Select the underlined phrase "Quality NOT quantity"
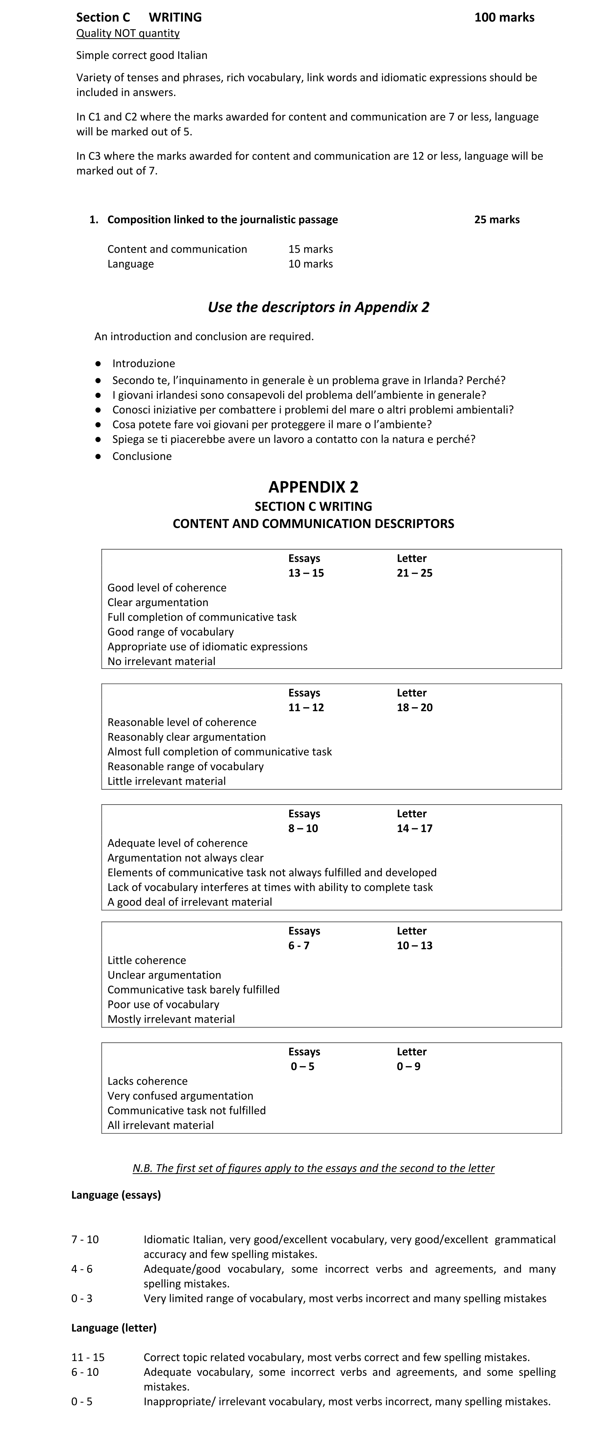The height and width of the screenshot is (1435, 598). pyautogui.click(x=128, y=34)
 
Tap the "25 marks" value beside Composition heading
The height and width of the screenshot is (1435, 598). pyautogui.click(x=497, y=219)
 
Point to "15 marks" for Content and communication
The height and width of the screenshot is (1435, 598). pyautogui.click(x=310, y=249)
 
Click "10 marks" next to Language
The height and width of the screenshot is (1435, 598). pyautogui.click(x=310, y=264)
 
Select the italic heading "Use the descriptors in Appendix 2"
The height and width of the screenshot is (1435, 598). pyautogui.click(x=318, y=307)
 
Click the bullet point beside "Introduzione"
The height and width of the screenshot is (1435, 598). pyautogui.click(x=98, y=363)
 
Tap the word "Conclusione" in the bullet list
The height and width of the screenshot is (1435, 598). pyautogui.click(x=142, y=456)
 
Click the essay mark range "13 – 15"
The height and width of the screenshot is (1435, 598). pyautogui.click(x=306, y=573)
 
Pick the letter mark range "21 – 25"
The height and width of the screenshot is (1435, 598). pyautogui.click(x=414, y=573)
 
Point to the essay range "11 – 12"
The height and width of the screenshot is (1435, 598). pyautogui.click(x=306, y=707)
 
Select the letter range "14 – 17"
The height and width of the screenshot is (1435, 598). pyautogui.click(x=414, y=828)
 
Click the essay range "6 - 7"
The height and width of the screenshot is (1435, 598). pyautogui.click(x=298, y=945)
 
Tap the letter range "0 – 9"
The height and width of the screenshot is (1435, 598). pyautogui.click(x=408, y=1066)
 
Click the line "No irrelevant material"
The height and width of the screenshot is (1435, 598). pyautogui.click(x=162, y=661)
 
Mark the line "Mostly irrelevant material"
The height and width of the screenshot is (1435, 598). pyautogui.click(x=171, y=1019)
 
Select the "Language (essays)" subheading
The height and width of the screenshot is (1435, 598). pyautogui.click(x=116, y=1195)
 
